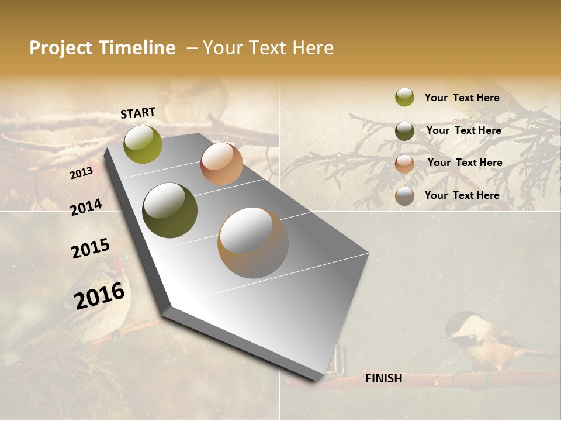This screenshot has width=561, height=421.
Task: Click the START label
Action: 138,113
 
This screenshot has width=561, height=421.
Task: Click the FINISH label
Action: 383,378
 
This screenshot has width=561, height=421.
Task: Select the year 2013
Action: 81,173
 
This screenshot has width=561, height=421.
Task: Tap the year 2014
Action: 86,207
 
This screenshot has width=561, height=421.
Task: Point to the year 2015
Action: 91,249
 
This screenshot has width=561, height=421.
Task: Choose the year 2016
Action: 99,295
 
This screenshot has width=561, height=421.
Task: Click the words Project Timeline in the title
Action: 102,48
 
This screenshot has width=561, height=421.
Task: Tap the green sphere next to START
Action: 143,144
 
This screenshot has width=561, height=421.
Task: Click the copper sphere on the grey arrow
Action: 221,164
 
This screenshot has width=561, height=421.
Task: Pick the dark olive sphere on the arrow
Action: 170,210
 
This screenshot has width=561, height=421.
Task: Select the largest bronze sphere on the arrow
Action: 253,243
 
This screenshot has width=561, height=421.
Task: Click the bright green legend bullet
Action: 404,98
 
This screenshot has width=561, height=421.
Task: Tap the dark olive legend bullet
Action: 404,131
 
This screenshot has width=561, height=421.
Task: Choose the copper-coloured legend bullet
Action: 404,163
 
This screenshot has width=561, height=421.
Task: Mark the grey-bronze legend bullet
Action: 404,196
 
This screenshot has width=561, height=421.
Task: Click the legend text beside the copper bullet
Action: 465,163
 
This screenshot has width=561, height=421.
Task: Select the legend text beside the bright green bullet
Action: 462,98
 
